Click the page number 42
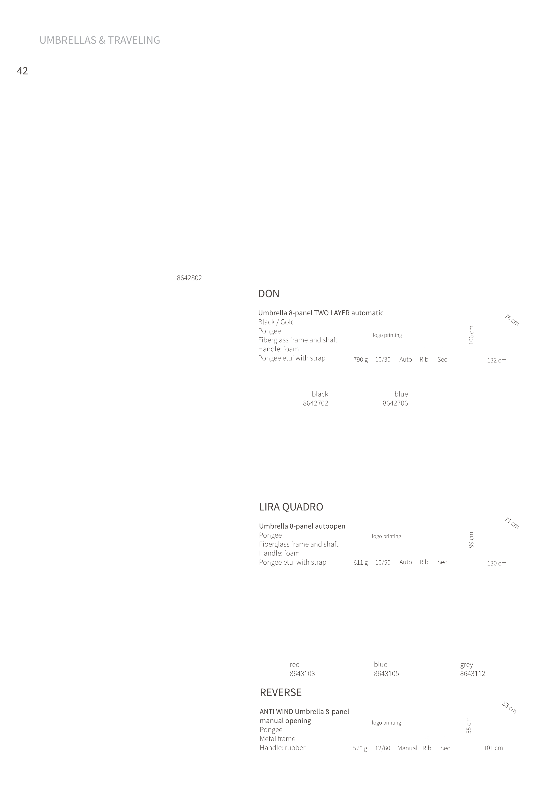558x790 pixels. tap(22, 71)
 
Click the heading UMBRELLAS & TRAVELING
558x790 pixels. tap(100, 40)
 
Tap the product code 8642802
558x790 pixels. tap(189, 278)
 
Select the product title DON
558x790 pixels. tap(269, 294)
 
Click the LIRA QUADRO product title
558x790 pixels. tap(291, 507)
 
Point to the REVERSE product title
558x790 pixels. tap(281, 692)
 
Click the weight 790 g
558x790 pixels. tap(361, 360)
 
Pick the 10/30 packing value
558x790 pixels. tap(383, 360)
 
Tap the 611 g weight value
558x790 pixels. tap(361, 563)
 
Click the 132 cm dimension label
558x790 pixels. tap(497, 361)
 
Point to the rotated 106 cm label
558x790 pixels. tap(471, 335)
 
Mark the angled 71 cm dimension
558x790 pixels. tap(512, 523)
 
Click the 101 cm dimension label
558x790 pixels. tap(493, 748)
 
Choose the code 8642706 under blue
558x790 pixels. tap(395, 403)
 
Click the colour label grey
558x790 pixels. tap(467, 665)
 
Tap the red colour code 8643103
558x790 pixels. tap(302, 674)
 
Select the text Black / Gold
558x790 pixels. tap(276, 322)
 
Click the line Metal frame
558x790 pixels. tap(277, 739)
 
